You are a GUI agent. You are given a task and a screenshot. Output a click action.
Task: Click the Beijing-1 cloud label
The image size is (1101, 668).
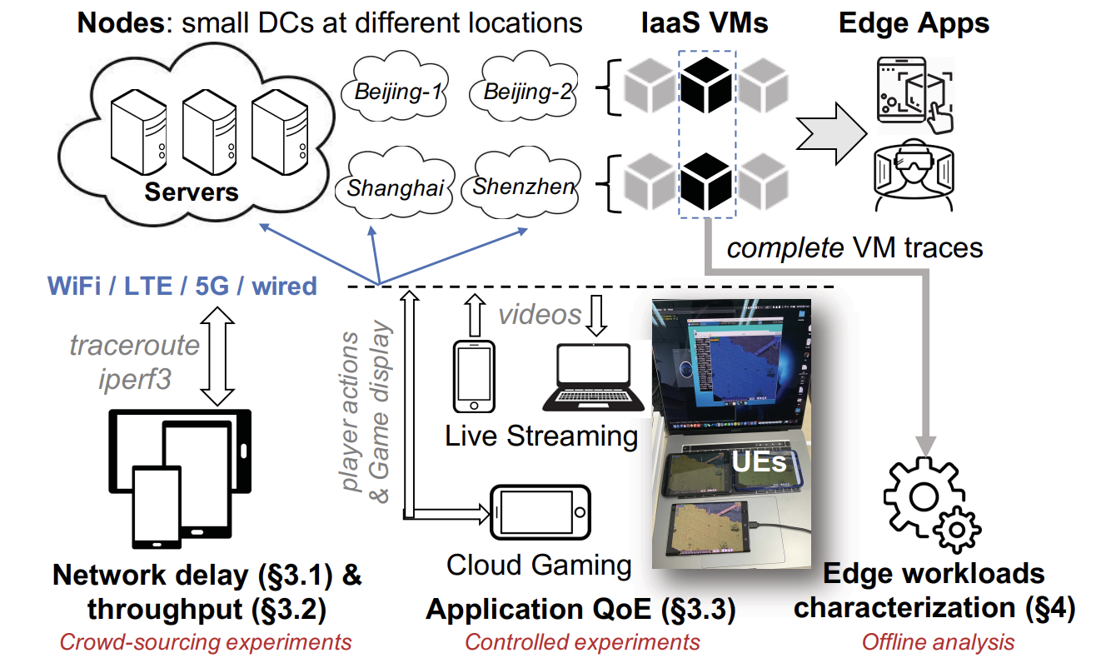[x=397, y=92]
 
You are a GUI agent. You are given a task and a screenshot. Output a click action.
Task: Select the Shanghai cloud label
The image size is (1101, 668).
[x=396, y=188]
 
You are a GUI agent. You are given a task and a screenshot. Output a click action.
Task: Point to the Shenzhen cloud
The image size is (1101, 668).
[x=522, y=183]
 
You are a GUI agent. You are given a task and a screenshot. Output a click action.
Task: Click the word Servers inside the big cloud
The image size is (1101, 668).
[x=192, y=192]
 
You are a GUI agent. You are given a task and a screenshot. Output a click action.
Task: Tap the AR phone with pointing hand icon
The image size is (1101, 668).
[x=915, y=95]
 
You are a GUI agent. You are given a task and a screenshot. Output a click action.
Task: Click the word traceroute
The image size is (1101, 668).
[x=134, y=345]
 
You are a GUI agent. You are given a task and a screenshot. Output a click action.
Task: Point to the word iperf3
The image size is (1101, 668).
[x=135, y=380]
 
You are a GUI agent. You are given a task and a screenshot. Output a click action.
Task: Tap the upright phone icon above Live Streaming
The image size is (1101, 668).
[x=474, y=376]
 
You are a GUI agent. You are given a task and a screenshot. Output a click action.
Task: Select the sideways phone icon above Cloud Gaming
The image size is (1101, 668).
[x=541, y=513]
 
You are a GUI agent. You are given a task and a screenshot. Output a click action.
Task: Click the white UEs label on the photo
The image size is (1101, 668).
[x=759, y=461]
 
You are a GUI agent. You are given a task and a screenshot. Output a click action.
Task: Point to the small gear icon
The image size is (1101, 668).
[x=956, y=530]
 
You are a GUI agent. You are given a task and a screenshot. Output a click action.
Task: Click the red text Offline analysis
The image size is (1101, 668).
[x=939, y=642]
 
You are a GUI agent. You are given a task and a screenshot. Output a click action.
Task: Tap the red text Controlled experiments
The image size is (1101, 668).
[x=582, y=642]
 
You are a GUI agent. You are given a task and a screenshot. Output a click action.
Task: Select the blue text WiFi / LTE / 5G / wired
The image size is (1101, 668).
[x=182, y=286]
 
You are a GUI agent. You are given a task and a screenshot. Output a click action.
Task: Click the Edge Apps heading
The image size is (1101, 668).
[x=914, y=23]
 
